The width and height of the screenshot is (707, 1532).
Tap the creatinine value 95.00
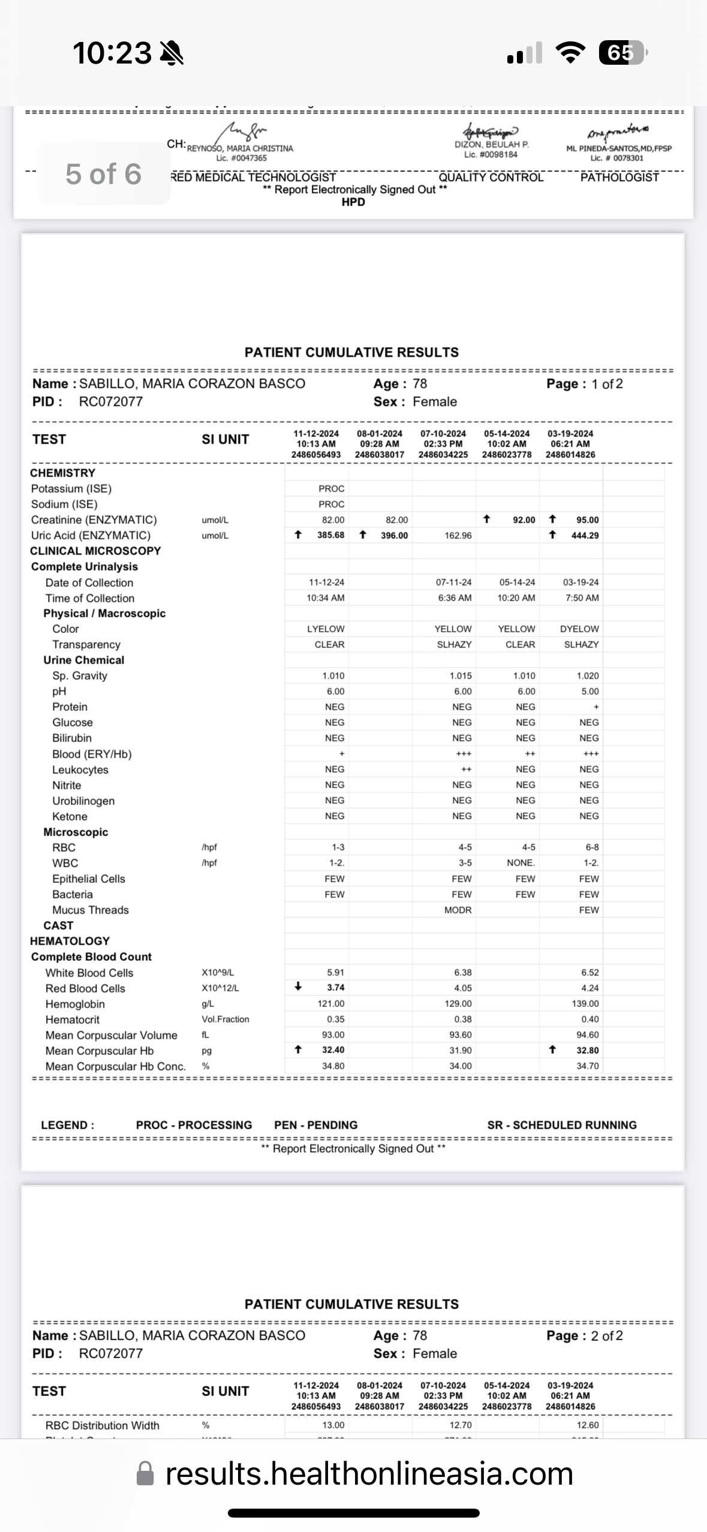click(587, 520)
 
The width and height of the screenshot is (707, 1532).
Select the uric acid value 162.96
click(458, 535)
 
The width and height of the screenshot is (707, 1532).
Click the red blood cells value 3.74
click(335, 987)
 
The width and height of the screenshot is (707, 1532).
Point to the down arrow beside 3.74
click(298, 987)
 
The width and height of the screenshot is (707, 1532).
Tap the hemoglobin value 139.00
click(585, 1003)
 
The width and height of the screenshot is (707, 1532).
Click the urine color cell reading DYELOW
click(579, 629)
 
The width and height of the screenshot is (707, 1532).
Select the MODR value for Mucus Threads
click(458, 910)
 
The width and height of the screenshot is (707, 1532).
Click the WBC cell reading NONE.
click(521, 863)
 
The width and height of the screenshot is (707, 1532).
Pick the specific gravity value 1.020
click(587, 675)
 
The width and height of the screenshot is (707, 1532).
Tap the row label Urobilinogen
click(83, 801)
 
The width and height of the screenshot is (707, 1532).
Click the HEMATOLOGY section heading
click(70, 941)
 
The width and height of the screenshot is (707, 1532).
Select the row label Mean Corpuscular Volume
click(111, 1035)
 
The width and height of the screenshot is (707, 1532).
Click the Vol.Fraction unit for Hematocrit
click(225, 1019)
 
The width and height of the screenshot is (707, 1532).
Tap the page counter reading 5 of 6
click(103, 174)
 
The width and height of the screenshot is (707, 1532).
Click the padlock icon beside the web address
click(145, 1474)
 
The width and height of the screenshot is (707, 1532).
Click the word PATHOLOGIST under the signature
click(619, 177)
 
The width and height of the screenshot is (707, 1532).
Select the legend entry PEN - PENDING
click(315, 1125)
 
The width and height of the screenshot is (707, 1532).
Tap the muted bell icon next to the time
click(172, 53)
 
